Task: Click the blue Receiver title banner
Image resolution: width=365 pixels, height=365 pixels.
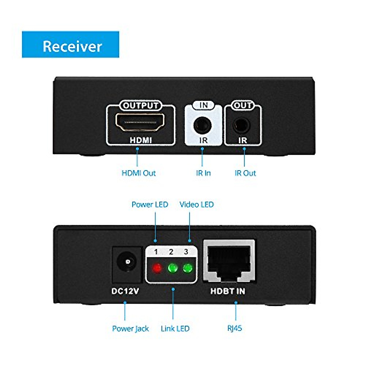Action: [71, 44]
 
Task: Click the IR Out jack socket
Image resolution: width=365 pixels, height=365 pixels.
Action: [242, 125]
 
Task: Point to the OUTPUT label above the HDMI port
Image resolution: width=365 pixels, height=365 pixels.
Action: [141, 105]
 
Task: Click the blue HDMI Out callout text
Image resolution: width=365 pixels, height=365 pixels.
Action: [139, 173]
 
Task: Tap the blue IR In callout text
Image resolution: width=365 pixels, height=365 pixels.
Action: [203, 173]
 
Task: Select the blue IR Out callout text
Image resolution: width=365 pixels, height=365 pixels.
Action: [245, 173]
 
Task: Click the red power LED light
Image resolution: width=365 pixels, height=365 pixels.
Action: [157, 268]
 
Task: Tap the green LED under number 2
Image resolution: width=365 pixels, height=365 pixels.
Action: [172, 268]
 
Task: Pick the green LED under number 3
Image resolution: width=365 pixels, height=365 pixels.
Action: [187, 268]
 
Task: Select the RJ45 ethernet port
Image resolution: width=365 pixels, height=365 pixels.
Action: [229, 262]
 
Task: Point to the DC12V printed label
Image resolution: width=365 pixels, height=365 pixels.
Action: [125, 291]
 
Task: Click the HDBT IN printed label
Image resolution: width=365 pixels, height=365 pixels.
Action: [228, 291]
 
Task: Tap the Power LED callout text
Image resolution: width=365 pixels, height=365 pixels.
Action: [150, 204]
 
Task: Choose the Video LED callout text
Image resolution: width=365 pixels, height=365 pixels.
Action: [196, 204]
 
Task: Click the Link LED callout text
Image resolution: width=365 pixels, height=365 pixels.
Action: [175, 328]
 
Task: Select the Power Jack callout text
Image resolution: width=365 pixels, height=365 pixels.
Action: [130, 328]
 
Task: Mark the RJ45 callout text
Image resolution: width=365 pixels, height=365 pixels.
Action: [235, 328]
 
